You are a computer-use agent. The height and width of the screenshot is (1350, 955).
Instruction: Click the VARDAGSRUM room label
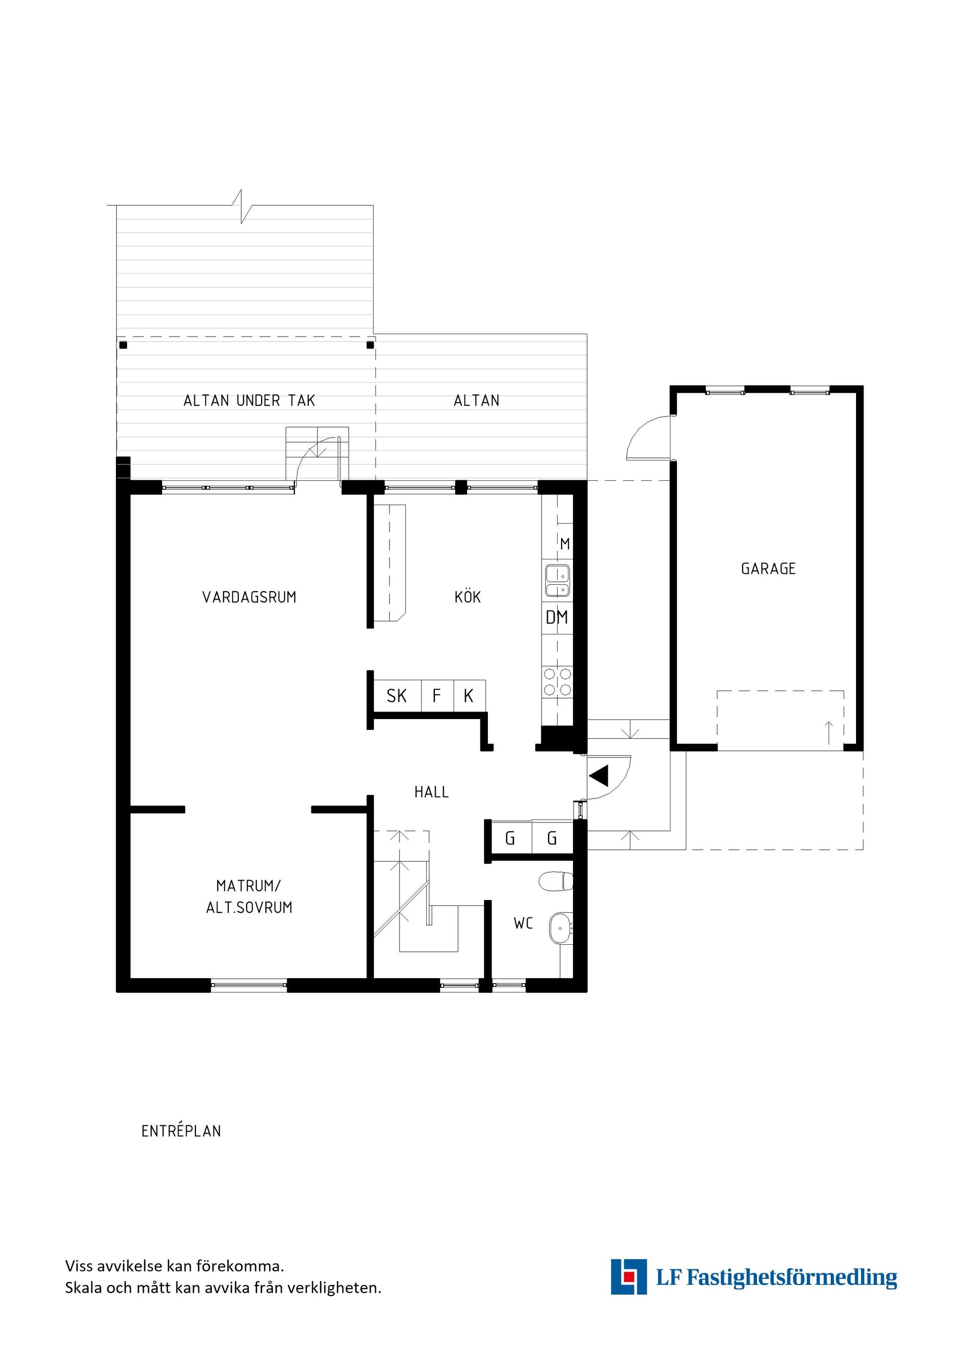(249, 597)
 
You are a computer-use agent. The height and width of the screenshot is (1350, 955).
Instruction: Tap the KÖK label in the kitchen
(468, 597)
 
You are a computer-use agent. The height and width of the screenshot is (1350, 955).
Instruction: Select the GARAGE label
(768, 568)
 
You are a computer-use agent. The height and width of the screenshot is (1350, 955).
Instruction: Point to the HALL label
(432, 792)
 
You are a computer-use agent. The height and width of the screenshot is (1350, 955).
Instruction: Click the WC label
(523, 923)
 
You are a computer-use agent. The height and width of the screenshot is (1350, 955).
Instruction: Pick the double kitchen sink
(558, 580)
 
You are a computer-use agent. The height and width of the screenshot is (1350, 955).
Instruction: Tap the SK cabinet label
(396, 696)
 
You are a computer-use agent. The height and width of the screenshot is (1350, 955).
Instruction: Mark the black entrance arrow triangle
(599, 776)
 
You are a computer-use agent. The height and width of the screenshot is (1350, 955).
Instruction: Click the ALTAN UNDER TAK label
(249, 401)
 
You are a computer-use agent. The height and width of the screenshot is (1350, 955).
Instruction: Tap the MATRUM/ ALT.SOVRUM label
(249, 897)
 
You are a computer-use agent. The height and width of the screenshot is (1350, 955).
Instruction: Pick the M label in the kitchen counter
(565, 544)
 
